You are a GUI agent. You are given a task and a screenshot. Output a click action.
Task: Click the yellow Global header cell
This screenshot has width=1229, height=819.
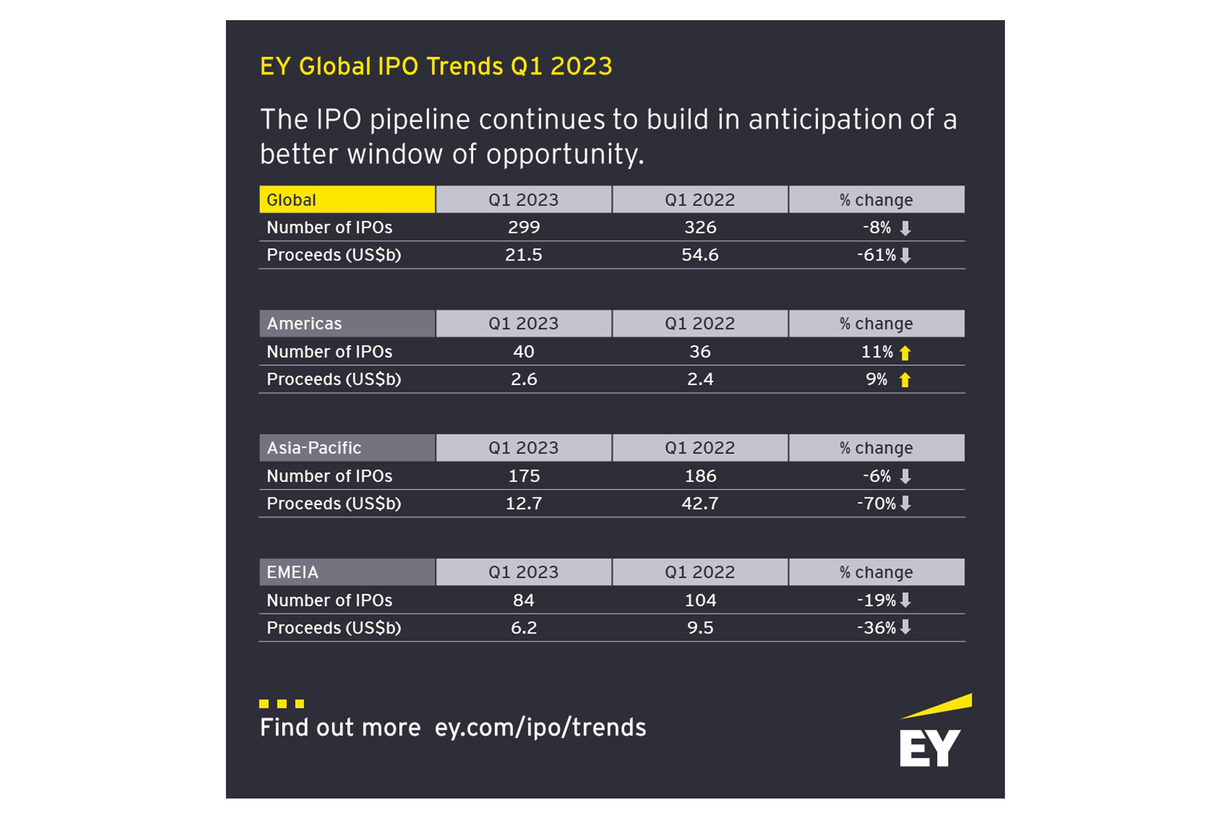tap(347, 200)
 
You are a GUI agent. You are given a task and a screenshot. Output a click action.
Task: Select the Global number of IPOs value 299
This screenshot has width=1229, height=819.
tap(524, 227)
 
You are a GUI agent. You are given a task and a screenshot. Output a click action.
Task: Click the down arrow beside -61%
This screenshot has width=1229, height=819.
tap(905, 255)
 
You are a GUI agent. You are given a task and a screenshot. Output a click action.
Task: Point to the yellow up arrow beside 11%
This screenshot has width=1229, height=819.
tap(905, 353)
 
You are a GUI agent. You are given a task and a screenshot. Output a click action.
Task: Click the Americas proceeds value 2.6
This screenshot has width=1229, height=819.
tap(524, 379)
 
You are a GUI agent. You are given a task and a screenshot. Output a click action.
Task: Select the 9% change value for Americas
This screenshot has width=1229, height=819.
tap(876, 379)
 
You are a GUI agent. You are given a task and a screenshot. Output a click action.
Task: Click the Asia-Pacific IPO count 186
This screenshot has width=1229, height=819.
tap(700, 476)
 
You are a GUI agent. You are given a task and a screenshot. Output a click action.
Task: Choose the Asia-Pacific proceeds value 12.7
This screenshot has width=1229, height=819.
tap(524, 504)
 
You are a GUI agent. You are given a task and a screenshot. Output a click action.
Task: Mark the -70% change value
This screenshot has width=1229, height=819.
tap(876, 504)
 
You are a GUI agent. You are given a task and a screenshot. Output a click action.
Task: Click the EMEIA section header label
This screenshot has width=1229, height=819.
tap(293, 572)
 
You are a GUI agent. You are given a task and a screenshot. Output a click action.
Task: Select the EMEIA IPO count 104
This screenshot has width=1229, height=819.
tap(700, 600)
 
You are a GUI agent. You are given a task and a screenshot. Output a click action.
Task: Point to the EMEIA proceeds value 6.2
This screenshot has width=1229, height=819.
tap(524, 628)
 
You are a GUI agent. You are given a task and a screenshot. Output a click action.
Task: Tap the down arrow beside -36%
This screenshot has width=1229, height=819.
tap(905, 627)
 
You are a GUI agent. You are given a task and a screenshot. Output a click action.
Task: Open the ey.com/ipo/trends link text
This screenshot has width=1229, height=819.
tap(540, 728)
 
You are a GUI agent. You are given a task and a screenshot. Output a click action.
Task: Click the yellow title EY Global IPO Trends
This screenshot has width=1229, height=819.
tap(436, 66)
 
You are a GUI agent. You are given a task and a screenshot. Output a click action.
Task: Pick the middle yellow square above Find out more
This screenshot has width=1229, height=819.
tap(282, 704)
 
